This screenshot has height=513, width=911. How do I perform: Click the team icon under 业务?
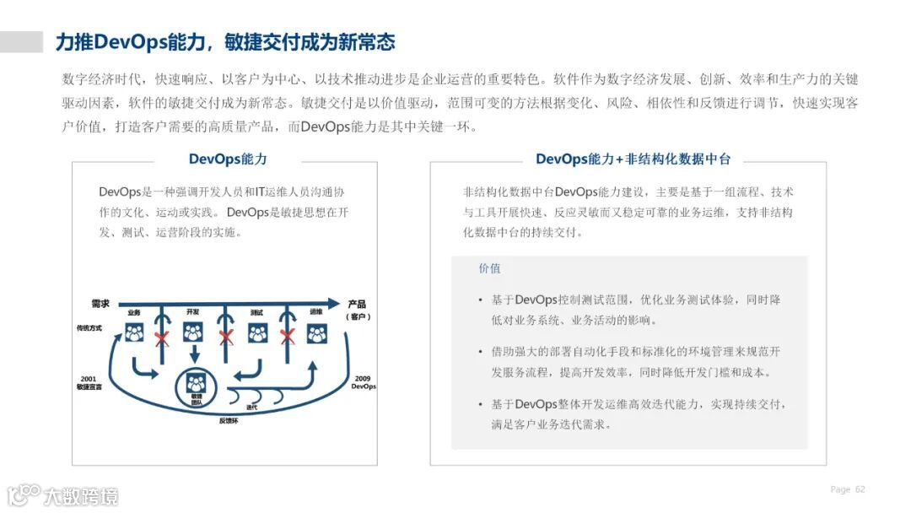[x=135, y=333]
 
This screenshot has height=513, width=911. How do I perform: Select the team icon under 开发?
[x=193, y=332]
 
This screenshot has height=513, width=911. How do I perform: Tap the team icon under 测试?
[x=257, y=333]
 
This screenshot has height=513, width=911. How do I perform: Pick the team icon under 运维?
[x=316, y=333]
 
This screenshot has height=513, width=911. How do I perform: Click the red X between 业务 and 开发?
[x=162, y=338]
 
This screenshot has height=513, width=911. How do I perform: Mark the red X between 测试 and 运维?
[x=287, y=337]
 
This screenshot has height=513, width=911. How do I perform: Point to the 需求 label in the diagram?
[x=101, y=303]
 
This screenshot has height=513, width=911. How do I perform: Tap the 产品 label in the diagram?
[x=358, y=304]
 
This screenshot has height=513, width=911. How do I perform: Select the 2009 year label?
[x=363, y=378]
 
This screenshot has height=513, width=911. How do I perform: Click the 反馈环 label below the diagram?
[x=228, y=419]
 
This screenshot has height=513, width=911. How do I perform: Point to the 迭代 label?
[x=251, y=408]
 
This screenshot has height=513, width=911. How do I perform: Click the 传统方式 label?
[x=89, y=327]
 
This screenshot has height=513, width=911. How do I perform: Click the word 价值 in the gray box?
[x=489, y=268]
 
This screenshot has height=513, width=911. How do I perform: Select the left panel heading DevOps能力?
[x=228, y=159]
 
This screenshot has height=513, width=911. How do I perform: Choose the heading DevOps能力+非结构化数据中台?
[x=633, y=159]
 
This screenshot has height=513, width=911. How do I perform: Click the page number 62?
[x=860, y=489]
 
